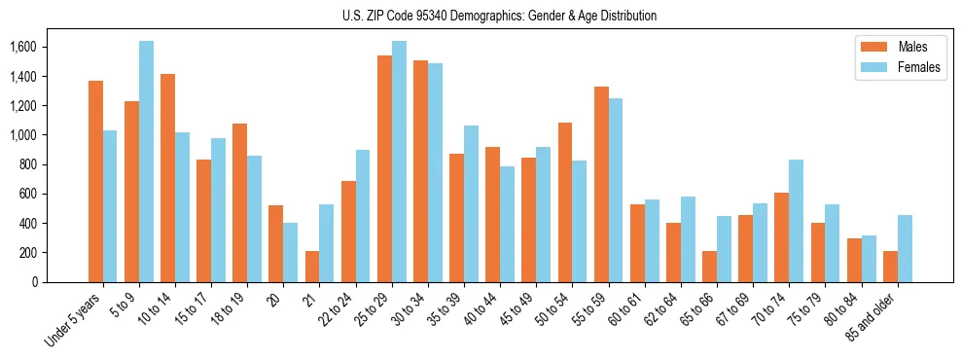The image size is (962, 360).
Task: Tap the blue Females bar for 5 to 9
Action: coord(146,162)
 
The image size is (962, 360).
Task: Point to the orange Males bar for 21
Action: coord(312,267)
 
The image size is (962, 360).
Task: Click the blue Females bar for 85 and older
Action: coord(905,248)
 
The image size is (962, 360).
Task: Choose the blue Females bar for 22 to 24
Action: coord(363,216)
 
